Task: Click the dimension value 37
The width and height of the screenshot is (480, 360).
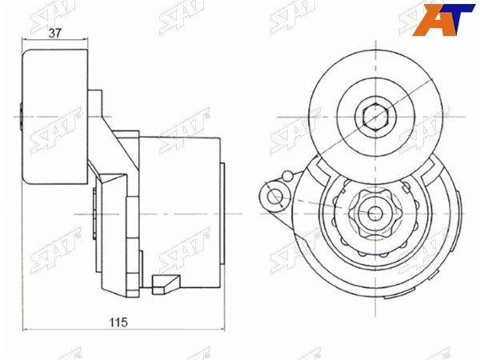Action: click(55, 33)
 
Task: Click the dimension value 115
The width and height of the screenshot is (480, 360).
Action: click(118, 322)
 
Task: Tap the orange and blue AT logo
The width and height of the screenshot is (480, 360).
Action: click(443, 20)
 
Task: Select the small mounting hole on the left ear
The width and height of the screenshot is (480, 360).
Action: click(274, 197)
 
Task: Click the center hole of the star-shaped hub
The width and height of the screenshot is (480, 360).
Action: click(375, 214)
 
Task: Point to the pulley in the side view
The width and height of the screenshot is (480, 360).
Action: click(55, 117)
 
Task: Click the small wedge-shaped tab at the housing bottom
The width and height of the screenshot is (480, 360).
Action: click(166, 284)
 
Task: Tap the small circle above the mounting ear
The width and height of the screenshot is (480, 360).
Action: click(287, 176)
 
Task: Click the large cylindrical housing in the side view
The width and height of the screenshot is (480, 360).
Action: click(180, 213)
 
